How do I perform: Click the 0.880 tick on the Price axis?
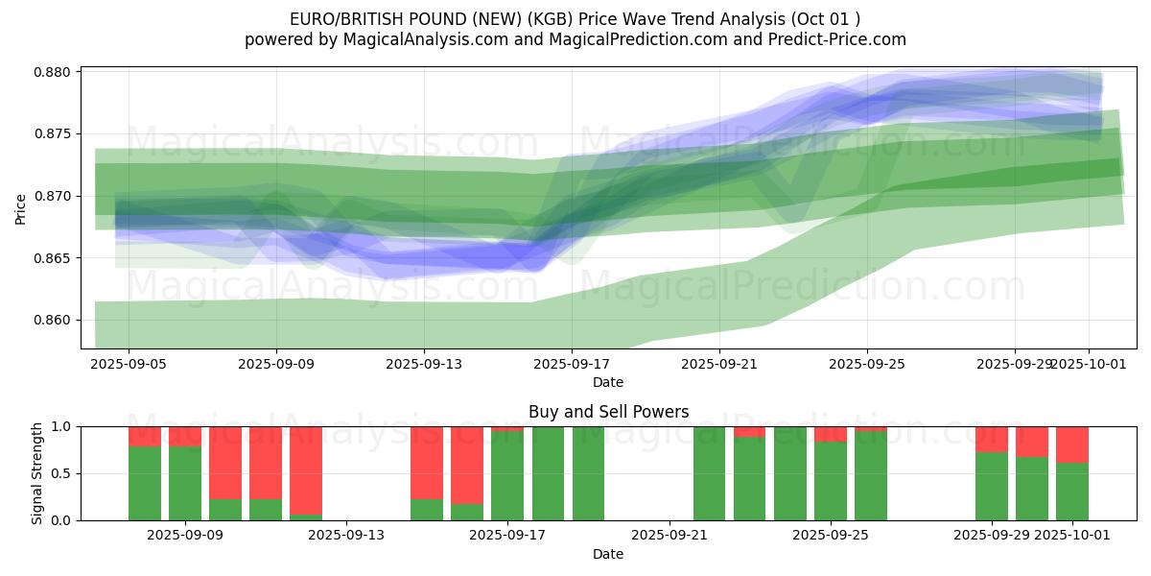[x=57, y=72]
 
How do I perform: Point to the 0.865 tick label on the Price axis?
[x=57, y=258]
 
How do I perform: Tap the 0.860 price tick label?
[x=57, y=321]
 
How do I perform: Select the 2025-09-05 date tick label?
[x=129, y=364]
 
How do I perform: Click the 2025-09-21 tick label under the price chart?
[x=719, y=364]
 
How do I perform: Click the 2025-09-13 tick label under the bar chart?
[x=345, y=536]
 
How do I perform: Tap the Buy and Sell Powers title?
[x=608, y=412]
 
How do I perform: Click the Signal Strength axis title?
[x=37, y=473]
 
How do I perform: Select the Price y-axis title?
[x=21, y=207]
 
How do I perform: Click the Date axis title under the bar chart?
[x=608, y=554]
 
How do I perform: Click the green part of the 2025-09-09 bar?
[x=185, y=484]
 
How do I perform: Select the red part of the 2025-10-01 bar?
[x=1072, y=444]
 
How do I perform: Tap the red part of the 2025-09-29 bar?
[x=992, y=439]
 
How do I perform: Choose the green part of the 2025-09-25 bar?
[x=831, y=480]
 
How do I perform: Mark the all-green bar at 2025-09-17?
[x=507, y=475]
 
